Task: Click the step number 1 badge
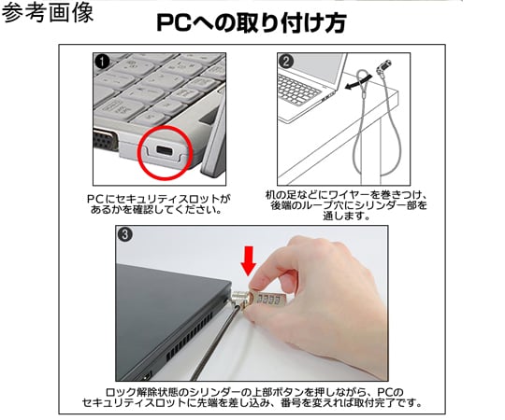pyautogui.click(x=101, y=62)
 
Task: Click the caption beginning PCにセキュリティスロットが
pyautogui.click(x=155, y=204)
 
